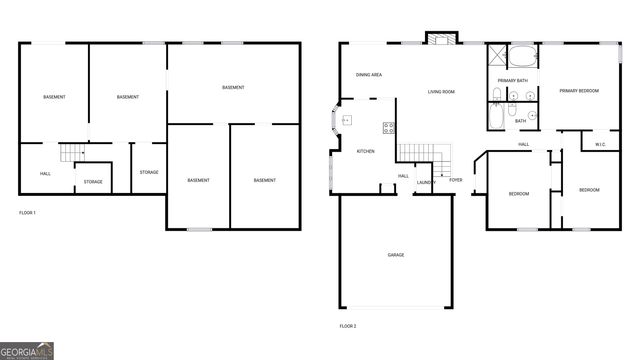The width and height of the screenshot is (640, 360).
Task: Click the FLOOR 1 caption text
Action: coord(27,213)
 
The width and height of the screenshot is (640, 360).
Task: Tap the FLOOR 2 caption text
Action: coord(347,326)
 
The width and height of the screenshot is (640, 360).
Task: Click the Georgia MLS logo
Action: coord(27,351)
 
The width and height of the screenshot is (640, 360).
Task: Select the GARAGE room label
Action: coord(396,255)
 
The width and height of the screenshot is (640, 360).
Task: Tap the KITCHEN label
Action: coord(365,151)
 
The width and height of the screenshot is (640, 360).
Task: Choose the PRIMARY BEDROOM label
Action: coord(579,91)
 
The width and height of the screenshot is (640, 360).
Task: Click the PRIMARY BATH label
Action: coord(513,80)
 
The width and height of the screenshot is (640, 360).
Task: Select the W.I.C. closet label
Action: coord(600,144)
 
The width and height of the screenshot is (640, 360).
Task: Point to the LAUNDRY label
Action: coord(426,183)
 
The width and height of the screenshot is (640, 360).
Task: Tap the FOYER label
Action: coord(455,180)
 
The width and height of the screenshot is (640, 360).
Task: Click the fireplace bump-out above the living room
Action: coord(439,39)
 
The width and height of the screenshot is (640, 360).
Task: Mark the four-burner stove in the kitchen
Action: coord(388,127)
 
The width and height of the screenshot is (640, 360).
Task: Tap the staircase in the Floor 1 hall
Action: coord(69,153)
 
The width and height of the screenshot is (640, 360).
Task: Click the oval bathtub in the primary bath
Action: coord(523,57)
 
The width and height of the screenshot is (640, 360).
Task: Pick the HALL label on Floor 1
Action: coord(45,174)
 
